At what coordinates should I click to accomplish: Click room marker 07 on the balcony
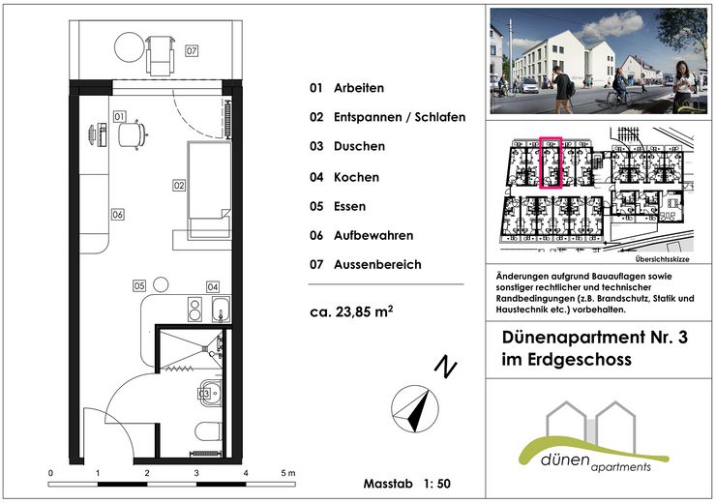(192, 50)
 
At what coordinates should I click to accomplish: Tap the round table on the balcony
(130, 47)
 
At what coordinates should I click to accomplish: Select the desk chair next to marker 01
(132, 134)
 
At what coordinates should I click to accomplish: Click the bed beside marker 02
(209, 190)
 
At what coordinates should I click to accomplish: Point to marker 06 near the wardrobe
(117, 214)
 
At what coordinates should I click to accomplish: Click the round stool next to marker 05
(161, 284)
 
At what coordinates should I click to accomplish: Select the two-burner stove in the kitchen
(195, 309)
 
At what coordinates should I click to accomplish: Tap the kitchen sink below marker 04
(221, 309)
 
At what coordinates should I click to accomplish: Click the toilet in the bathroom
(208, 431)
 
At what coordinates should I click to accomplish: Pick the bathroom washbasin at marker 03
(211, 393)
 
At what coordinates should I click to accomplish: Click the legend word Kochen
(356, 177)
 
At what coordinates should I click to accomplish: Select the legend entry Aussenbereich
(377, 264)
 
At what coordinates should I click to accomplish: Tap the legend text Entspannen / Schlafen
(400, 117)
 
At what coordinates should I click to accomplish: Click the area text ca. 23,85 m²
(351, 311)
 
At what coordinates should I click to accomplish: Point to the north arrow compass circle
(415, 409)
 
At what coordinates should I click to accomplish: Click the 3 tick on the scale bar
(196, 473)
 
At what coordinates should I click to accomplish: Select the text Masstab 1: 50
(406, 484)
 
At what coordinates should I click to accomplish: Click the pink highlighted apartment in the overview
(551, 163)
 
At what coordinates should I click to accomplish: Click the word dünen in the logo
(564, 459)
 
